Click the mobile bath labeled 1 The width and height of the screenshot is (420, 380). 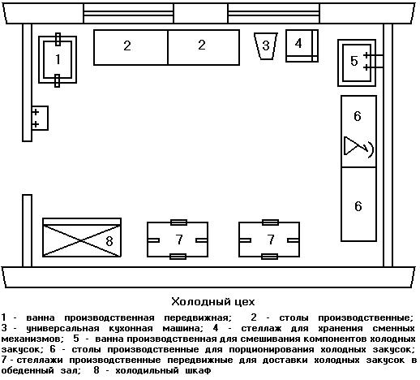point(58,60)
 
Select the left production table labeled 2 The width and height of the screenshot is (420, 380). point(131,47)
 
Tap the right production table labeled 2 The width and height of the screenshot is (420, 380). point(204,47)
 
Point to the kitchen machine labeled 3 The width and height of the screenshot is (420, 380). point(266,46)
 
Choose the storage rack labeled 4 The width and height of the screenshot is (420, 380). point(302,45)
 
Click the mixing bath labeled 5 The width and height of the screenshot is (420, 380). point(357,63)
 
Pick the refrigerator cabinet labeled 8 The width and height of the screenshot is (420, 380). point(82,237)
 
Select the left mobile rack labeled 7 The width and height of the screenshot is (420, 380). point(178,240)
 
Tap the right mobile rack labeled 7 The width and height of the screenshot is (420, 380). point(269,240)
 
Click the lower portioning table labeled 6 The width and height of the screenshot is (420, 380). point(358,204)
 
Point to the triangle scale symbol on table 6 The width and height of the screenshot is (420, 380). point(351,146)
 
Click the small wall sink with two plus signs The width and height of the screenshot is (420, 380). point(40,118)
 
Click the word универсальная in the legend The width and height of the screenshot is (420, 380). point(62,328)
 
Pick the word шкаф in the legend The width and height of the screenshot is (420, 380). point(198,370)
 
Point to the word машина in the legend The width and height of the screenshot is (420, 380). point(182,328)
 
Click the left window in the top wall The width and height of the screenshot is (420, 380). point(128,13)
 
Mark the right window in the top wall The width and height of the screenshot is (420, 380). point(274,13)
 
